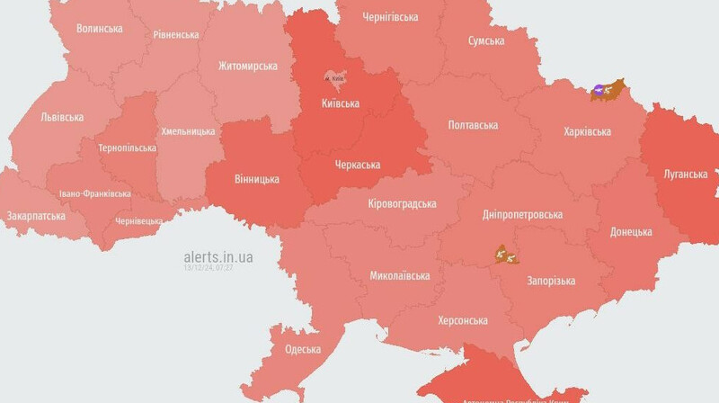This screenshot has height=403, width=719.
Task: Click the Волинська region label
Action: (100, 28)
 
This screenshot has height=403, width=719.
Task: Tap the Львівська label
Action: (62, 117)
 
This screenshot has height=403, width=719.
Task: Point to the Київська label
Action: (341, 103)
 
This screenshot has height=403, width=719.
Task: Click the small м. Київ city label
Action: (335, 79)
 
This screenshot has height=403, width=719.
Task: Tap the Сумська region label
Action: (492, 41)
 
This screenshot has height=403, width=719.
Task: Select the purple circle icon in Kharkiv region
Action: (599, 90)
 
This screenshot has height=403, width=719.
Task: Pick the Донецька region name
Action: (631, 231)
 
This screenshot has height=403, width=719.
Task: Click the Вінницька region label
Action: (256, 179)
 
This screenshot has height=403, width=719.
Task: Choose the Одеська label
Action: (303, 349)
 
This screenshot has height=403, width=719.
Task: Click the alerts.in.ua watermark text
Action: (218, 257)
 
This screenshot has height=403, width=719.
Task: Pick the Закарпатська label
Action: (36, 216)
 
